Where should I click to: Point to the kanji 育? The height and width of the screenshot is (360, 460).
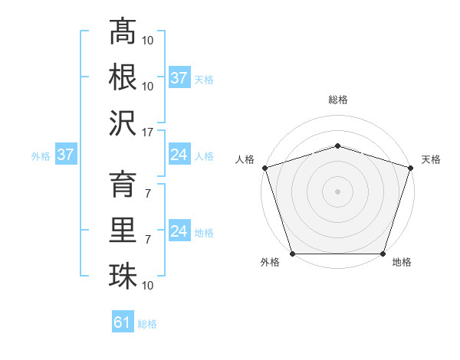coord(123,186)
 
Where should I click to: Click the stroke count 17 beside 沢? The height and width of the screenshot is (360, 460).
coord(148,131)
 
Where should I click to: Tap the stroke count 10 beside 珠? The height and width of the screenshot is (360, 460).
coord(148,286)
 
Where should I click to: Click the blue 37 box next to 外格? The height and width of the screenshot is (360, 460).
coord(65,155)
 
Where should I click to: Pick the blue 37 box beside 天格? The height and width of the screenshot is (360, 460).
coord(179,78)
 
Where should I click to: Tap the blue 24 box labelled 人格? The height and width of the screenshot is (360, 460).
coord(179,155)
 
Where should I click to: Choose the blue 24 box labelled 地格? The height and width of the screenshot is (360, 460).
coord(179,232)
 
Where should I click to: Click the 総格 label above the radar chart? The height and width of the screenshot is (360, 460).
coord(338,100)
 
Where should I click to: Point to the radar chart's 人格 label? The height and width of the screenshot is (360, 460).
coord(245,159)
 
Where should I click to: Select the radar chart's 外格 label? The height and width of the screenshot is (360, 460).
coord(270,263)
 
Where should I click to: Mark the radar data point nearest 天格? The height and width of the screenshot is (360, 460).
coord(410,168)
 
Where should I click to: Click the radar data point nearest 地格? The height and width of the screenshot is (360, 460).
coord(383,254)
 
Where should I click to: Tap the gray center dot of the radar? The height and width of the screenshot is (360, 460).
coord(337,191)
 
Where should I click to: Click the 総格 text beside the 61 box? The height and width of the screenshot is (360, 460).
coord(147,323)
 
